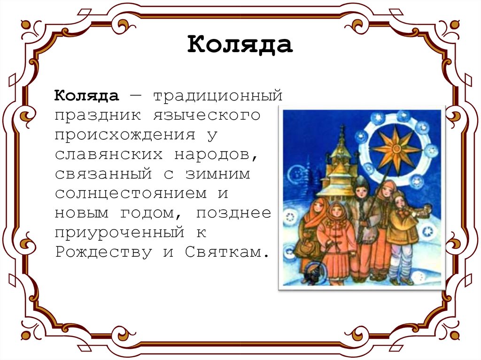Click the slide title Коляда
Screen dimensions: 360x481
(240, 45)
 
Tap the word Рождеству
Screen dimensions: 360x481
(103, 253)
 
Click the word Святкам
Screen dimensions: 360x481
(228, 253)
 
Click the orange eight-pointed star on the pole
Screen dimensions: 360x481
(395, 149)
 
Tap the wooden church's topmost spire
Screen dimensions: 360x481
(342, 131)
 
